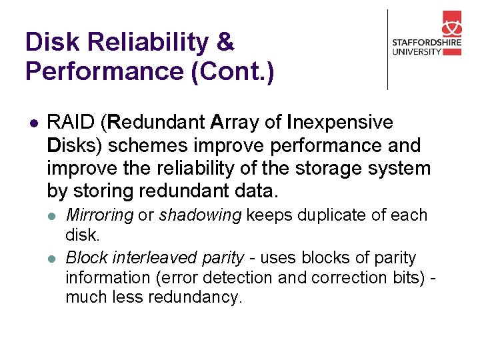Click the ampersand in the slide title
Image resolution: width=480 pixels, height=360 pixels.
pos(226,43)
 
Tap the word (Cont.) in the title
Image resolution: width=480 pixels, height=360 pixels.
pos(232,71)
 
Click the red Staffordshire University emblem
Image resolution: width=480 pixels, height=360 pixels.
pos(451,25)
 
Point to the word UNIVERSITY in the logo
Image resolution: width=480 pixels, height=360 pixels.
pos(417,52)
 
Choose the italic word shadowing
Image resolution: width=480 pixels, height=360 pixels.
pos(200,215)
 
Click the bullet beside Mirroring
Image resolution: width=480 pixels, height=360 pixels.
pos(53,216)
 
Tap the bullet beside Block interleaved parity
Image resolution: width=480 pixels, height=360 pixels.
pos(53,258)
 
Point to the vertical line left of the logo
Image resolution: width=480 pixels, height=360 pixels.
pos(387,49)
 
